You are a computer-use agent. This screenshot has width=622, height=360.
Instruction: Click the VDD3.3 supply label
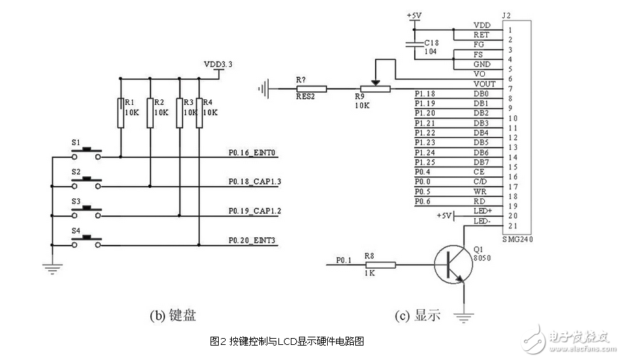click(218, 64)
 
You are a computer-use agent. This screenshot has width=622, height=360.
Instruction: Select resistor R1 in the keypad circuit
click(121, 112)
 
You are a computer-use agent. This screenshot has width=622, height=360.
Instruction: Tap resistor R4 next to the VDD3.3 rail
click(200, 112)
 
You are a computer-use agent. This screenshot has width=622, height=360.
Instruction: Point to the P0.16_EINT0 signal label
click(252, 154)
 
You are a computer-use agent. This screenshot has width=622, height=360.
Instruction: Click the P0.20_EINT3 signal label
click(252, 239)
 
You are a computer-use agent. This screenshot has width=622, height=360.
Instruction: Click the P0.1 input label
click(344, 260)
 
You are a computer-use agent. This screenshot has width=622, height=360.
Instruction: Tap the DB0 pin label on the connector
click(481, 94)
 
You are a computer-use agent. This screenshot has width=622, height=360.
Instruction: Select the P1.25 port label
click(425, 162)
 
